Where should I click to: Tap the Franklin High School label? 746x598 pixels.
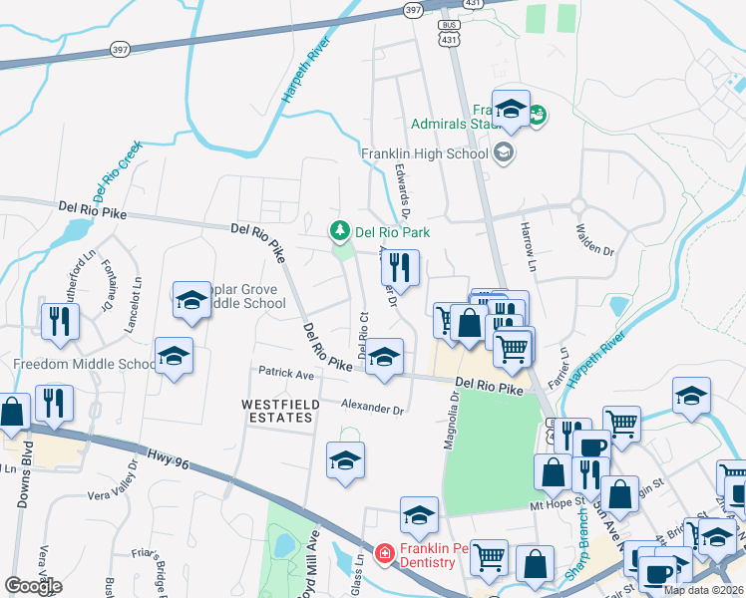(425, 154)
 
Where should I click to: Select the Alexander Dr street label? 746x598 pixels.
(371, 409)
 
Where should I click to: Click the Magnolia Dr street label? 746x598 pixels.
(453, 419)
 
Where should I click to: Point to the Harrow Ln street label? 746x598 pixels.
(528, 249)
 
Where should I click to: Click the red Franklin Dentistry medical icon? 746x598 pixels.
(383, 551)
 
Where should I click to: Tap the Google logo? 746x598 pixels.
(33, 586)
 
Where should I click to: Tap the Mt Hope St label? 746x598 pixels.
(558, 505)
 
